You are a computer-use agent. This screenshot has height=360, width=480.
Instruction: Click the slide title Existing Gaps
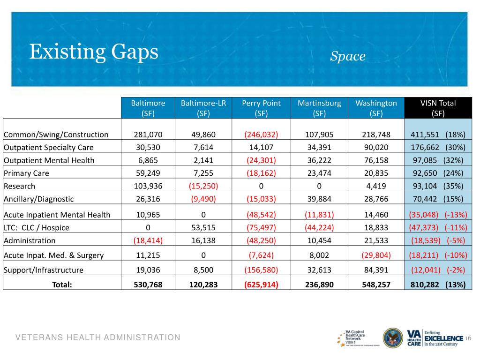point(94,52)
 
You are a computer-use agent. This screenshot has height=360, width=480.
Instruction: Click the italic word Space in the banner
point(347,56)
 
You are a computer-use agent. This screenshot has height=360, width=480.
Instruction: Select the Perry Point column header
point(261,108)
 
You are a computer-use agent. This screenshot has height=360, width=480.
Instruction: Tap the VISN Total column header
point(438,108)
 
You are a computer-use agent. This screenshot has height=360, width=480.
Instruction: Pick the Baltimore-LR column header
point(203,108)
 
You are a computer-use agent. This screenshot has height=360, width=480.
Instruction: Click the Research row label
point(19,186)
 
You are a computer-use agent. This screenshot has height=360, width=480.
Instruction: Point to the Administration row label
point(30,240)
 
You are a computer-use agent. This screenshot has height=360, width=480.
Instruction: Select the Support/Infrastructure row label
point(43,270)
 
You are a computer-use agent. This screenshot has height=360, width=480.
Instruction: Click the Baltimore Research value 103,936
point(148,186)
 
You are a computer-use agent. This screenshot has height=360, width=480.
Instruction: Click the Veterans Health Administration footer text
point(98,337)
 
